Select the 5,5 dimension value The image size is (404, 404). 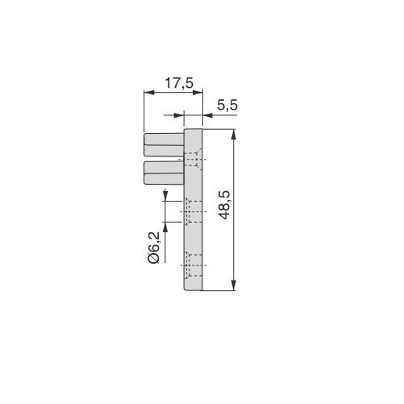coord(228,105)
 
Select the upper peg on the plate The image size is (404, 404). coord(165,144)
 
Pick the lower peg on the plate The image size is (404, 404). coord(165,171)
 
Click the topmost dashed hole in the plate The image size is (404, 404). coord(194,159)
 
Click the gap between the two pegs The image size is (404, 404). coord(165,158)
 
